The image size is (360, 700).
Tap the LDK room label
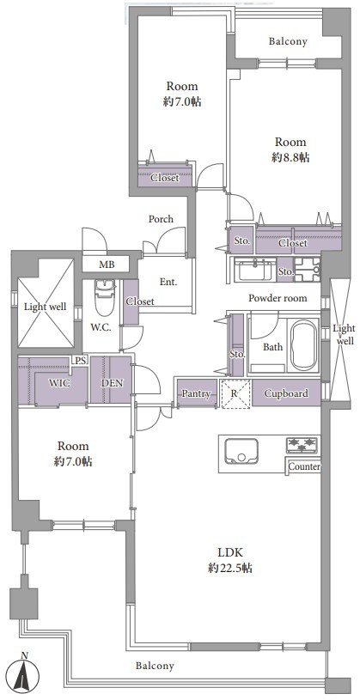coord(230,552)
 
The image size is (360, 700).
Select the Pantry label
coord(196,393)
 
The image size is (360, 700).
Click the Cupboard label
coord(286,393)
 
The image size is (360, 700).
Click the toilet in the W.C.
coord(105,297)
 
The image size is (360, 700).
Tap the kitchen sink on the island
coord(241,451)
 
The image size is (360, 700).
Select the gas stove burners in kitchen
coord(302,445)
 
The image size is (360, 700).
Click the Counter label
coord(304,467)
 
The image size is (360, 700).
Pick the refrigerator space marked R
coord(235,393)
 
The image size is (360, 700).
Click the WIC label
coord(60,383)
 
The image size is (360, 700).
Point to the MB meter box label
coord(107,265)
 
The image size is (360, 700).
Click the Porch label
coord(161,219)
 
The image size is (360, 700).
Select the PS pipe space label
coord(80,361)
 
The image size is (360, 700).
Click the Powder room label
coord(278,298)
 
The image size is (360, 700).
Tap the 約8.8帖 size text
coord(290,157)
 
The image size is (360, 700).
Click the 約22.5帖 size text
coord(230,569)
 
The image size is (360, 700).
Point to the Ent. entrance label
coord(168,282)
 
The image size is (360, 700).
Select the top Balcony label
coord(288,41)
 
